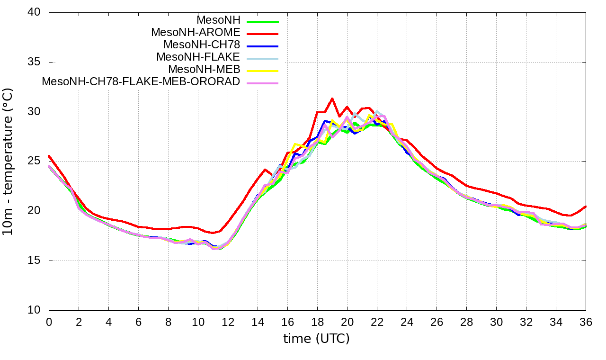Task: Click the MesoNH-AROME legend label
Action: click(x=196, y=33)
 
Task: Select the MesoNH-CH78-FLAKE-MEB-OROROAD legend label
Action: click(x=141, y=81)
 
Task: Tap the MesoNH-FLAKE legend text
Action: click(x=198, y=57)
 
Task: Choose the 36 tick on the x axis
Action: click(x=586, y=322)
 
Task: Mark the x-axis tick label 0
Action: click(x=49, y=322)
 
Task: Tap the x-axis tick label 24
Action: click(x=407, y=322)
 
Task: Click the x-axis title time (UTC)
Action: click(x=316, y=339)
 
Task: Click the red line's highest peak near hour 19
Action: click(x=332, y=99)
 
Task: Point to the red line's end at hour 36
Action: click(x=586, y=207)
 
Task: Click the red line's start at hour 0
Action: click(x=49, y=155)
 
